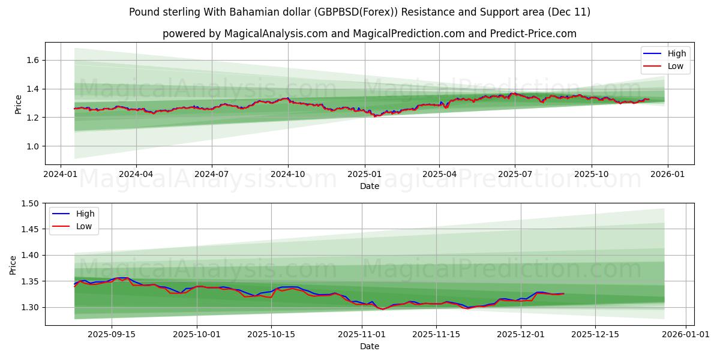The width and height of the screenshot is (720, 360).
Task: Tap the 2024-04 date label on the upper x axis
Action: pyautogui.click(x=136, y=175)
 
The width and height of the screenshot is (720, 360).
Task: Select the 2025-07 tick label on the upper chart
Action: pyautogui.click(x=515, y=175)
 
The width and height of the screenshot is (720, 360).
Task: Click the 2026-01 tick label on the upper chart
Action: pyautogui.click(x=667, y=175)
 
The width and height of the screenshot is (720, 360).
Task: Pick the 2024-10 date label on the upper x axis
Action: pyautogui.click(x=288, y=175)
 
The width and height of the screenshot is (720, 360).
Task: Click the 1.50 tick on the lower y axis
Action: pyautogui.click(x=29, y=203)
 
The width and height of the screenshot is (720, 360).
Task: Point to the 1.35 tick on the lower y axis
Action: pyautogui.click(x=29, y=281)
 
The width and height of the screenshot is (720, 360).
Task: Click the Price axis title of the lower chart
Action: pyautogui.click(x=13, y=265)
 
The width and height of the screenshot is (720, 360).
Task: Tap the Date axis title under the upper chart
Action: pyautogui.click(x=370, y=186)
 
